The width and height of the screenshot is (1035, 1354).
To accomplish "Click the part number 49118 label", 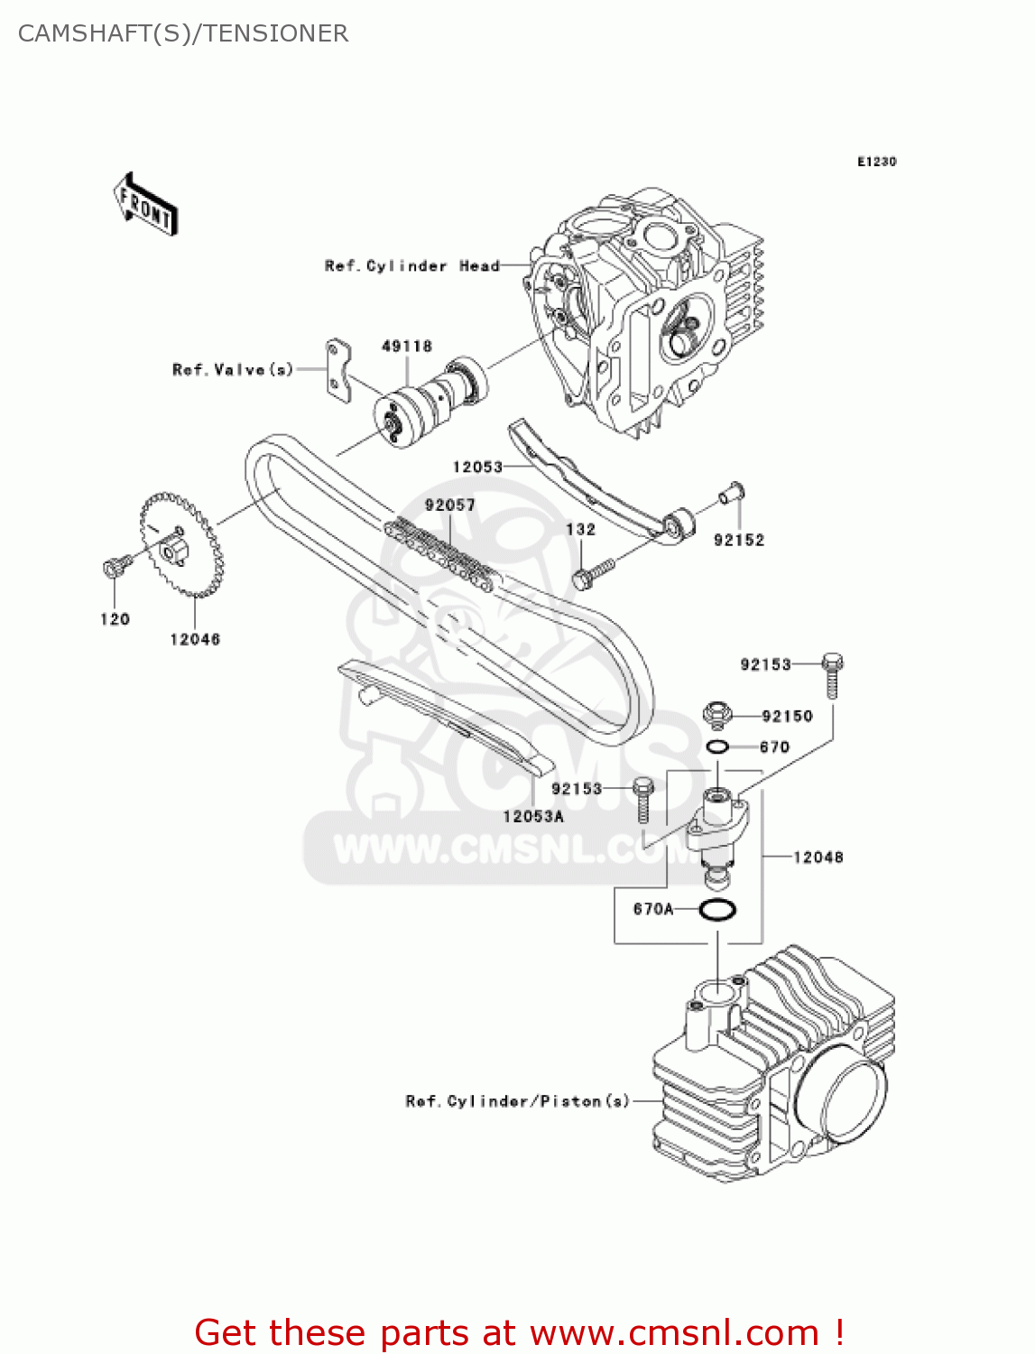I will point(407,347).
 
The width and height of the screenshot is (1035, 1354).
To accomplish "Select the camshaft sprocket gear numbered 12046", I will point(181,544).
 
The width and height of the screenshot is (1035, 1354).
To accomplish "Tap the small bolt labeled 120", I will point(113,567).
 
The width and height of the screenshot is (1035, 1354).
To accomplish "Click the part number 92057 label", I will point(449,505).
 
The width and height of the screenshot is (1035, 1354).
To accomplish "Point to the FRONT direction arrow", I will point(145,205).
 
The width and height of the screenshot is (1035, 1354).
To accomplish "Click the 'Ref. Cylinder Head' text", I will point(411,266).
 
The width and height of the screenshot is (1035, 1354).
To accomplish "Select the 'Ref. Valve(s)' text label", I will point(233,370).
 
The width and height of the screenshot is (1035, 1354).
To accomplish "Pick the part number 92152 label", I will point(739,540).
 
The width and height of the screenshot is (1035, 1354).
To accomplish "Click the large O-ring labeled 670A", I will point(717,910).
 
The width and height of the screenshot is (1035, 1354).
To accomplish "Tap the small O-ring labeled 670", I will point(718,747).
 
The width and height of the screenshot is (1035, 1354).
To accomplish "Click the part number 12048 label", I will point(818,858).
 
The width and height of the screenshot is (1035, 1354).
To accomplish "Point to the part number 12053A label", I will point(533,817).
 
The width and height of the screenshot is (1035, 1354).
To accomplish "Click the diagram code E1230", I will point(876,162).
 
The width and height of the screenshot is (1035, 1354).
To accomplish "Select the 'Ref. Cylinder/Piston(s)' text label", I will point(518,1101).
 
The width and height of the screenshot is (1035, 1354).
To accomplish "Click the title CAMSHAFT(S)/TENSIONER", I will point(183,33).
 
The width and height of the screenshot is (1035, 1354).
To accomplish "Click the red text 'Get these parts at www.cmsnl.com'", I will point(519,1332).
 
